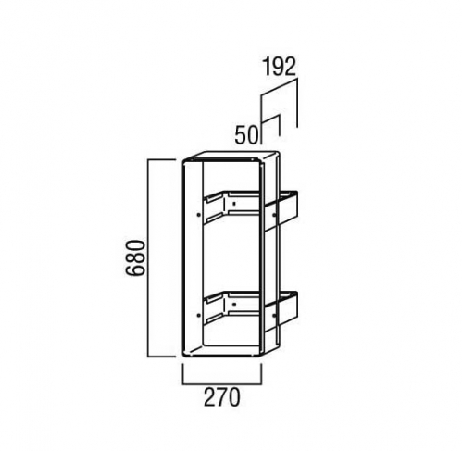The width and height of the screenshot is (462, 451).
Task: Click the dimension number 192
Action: click(x=279, y=67)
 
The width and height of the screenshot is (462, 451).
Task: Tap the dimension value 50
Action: click(x=246, y=135)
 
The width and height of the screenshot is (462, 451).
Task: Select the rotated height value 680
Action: click(x=135, y=258)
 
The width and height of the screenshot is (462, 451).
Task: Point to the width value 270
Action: click(x=221, y=397)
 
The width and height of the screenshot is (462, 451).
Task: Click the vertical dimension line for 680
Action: click(x=149, y=258)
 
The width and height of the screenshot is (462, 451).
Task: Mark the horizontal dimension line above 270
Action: click(x=222, y=384)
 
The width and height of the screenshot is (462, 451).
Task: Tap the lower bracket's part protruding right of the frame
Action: click(x=287, y=309)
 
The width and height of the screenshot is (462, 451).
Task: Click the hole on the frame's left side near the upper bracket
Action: click(x=198, y=214)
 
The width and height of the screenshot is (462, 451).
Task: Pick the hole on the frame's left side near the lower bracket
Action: click(x=198, y=315)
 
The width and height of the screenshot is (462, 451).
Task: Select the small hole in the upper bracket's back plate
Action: click(x=234, y=204)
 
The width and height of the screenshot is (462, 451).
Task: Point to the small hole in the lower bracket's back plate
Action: click(x=234, y=304)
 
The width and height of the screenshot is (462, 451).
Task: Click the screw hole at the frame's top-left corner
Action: click(x=192, y=160)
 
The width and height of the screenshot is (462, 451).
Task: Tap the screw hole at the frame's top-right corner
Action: click(x=254, y=159)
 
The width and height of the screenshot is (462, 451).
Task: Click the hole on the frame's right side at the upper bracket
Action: click(x=274, y=214)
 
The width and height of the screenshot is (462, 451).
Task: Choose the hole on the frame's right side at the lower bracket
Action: click(x=274, y=315)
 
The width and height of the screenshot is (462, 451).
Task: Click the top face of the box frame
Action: click(x=231, y=156)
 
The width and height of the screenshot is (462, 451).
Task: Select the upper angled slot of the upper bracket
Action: click(x=215, y=197)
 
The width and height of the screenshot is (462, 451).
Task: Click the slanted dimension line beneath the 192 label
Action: click(x=279, y=86)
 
